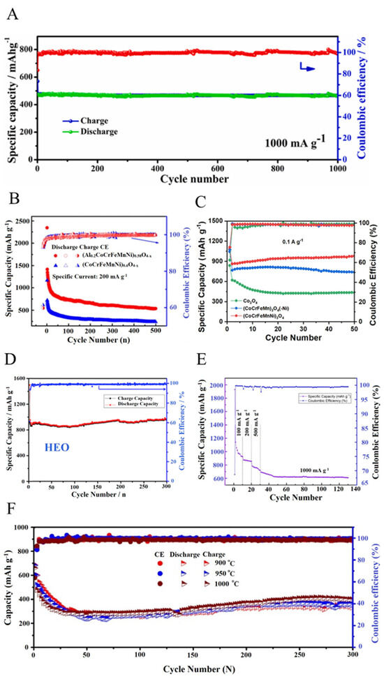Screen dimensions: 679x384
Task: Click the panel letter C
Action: (x=201, y=203)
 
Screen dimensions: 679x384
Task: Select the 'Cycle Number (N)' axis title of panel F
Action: (x=190, y=672)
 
